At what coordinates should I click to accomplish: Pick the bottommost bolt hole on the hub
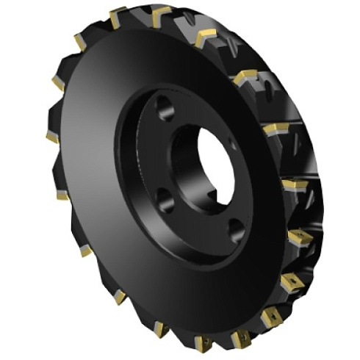point(235,234)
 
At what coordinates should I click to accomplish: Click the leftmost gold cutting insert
point(52,137)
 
